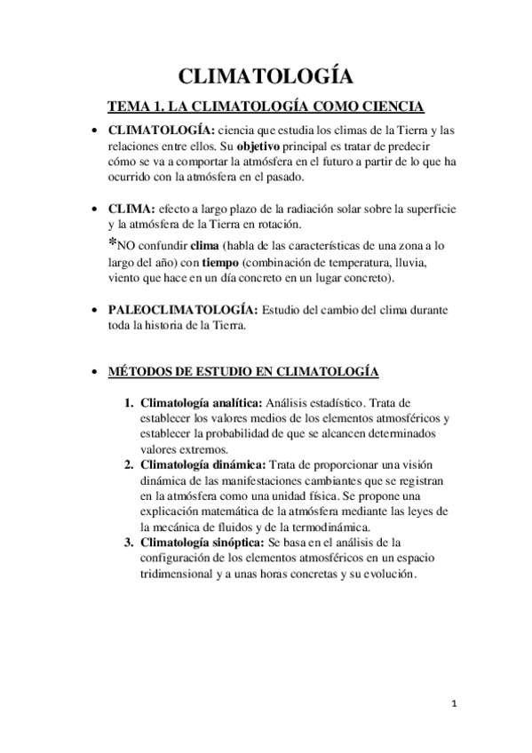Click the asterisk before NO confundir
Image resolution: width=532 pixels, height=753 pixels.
[112, 243]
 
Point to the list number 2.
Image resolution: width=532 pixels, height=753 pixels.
[128, 464]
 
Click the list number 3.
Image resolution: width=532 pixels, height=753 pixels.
[128, 542]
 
